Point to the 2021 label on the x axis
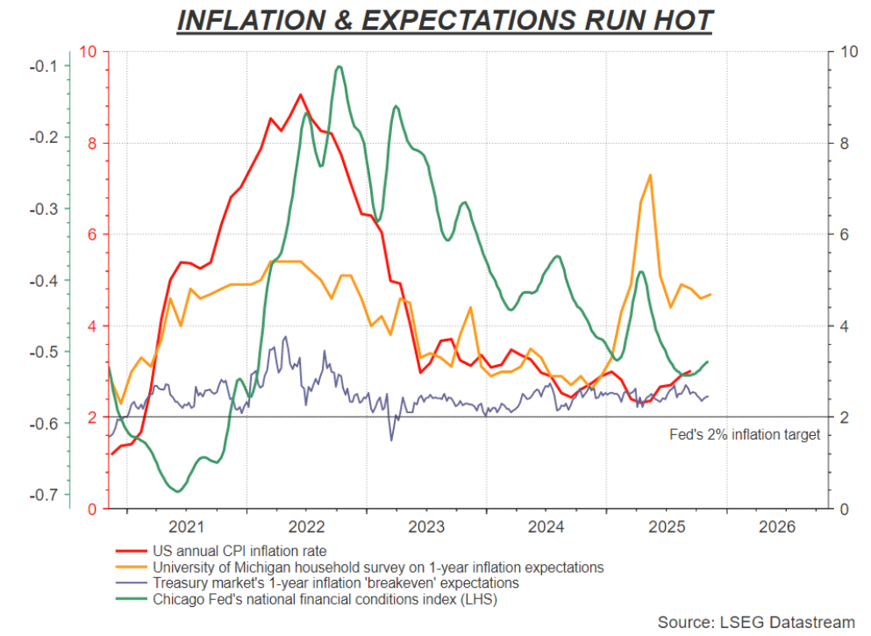186,526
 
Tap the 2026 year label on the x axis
776,526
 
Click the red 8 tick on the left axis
92,143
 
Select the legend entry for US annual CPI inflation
240,552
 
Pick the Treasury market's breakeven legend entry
336,583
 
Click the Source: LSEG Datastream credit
755,622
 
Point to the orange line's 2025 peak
650,175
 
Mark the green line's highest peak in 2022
339,67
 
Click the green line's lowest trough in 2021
178,491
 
